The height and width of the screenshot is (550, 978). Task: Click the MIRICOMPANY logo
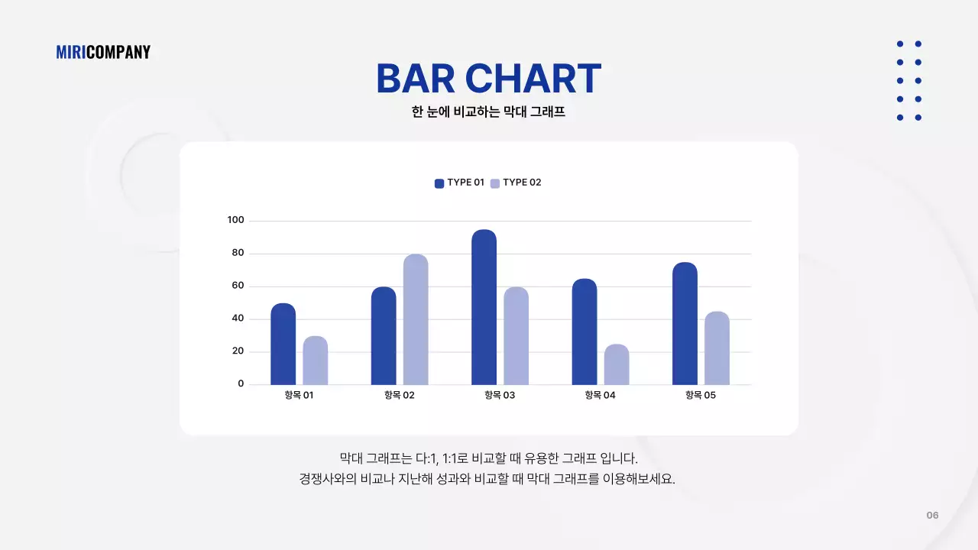click(103, 52)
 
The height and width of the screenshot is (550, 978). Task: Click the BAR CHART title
click(488, 79)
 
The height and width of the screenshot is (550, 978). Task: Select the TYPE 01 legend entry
click(460, 183)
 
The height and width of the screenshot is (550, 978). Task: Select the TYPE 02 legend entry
click(516, 183)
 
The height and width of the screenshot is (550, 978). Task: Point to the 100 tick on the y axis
click(235, 221)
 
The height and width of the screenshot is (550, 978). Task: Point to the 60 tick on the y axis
click(237, 286)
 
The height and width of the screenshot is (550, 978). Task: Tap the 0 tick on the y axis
click(241, 383)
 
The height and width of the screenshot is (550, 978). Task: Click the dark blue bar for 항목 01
click(283, 345)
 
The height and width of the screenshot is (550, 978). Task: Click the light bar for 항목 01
click(315, 361)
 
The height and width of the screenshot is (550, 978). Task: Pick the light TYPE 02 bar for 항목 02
click(416, 319)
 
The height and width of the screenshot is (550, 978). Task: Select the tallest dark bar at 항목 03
click(484, 307)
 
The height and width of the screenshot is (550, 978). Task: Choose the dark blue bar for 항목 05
click(685, 324)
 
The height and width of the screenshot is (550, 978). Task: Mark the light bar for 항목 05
click(717, 348)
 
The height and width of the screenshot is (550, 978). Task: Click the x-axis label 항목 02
click(399, 396)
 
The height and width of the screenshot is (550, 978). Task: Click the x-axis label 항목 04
click(600, 396)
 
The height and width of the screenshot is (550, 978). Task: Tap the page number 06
click(932, 515)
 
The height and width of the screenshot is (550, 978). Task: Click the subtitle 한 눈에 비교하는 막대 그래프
click(488, 112)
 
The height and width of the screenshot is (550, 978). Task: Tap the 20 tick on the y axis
click(237, 351)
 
